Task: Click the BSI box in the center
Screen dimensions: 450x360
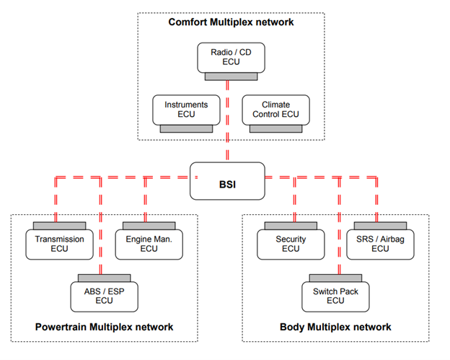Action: pos(227,181)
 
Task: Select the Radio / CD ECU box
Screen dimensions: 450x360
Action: pos(231,58)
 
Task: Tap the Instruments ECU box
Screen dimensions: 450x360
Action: pos(186,110)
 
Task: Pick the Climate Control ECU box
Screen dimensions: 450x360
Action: pos(275,110)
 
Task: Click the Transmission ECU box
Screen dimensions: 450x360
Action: pos(59,245)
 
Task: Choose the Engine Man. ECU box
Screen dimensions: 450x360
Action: pos(149,245)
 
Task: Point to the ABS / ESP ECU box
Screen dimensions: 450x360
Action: pos(104,297)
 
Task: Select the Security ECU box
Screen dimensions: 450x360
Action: pos(291,245)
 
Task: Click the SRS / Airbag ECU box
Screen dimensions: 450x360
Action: pos(380,245)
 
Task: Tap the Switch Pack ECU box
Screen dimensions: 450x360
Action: pos(335,297)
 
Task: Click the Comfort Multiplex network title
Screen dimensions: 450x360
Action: pos(231,22)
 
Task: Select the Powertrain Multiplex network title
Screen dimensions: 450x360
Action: pos(104,327)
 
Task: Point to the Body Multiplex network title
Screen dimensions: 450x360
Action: pos(335,327)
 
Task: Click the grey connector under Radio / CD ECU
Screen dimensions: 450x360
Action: pos(231,76)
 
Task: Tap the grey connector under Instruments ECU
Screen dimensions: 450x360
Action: pos(186,128)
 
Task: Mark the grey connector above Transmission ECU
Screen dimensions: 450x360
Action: pos(59,226)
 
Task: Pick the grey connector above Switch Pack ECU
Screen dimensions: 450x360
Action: pos(335,278)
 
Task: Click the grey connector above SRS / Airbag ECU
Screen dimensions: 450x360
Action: pos(380,226)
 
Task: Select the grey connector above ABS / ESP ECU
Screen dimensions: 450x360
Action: pos(104,278)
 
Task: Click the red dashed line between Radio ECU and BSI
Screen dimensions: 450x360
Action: pos(227,120)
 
